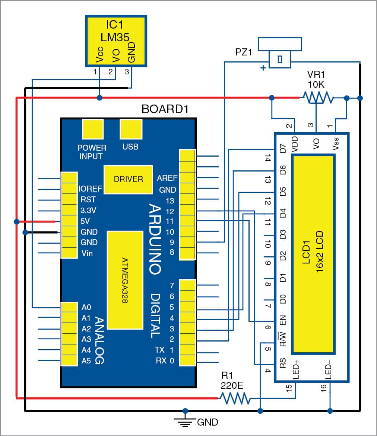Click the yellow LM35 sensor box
pyautogui.click(x=116, y=41)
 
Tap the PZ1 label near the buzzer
pyautogui.click(x=244, y=52)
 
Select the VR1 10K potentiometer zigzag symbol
pyautogui.click(x=316, y=98)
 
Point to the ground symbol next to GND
pyautogui.click(x=185, y=420)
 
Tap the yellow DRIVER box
pyautogui.click(x=128, y=179)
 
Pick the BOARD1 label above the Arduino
pyautogui.click(x=165, y=109)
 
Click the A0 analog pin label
pyautogui.click(x=86, y=307)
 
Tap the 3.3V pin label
pyautogui.click(x=88, y=211)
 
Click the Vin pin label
pyautogui.click(x=86, y=253)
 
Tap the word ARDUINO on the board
pyautogui.click(x=154, y=238)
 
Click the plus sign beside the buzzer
pyautogui.click(x=263, y=68)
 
